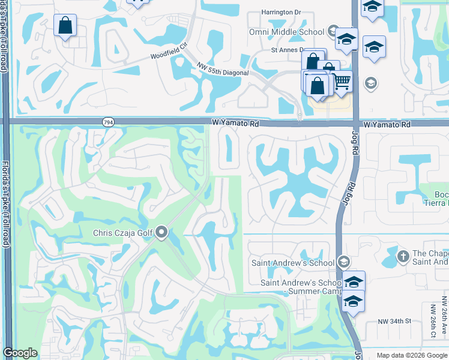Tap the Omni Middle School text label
click(x=286, y=32)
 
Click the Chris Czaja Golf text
click(x=123, y=233)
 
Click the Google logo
click(x=20, y=353)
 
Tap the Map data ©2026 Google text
click(x=412, y=355)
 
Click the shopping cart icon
click(x=342, y=80)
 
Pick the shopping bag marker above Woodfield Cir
click(x=65, y=26)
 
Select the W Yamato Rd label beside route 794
click(x=235, y=123)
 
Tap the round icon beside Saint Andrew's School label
click(x=343, y=262)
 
